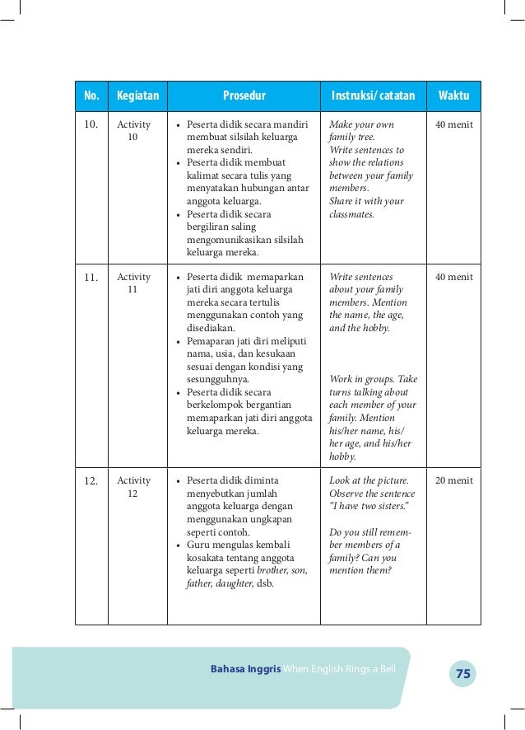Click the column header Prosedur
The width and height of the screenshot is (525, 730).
[243, 96]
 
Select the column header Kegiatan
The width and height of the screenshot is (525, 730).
[137, 96]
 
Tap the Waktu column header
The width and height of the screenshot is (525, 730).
[453, 96]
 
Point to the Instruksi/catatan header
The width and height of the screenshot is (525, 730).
[373, 96]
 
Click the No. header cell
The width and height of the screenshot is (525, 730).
[91, 96]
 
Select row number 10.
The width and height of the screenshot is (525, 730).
[91, 125]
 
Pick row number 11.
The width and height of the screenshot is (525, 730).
[91, 278]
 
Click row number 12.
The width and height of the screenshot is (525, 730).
[91, 481]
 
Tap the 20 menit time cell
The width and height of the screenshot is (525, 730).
[453, 480]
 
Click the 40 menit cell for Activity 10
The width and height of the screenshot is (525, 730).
[453, 124]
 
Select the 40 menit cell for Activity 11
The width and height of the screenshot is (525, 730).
[453, 277]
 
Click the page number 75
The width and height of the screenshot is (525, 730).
[462, 674]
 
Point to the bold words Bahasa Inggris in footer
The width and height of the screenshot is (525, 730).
[245, 667]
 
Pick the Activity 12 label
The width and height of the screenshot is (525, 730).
[133, 487]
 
